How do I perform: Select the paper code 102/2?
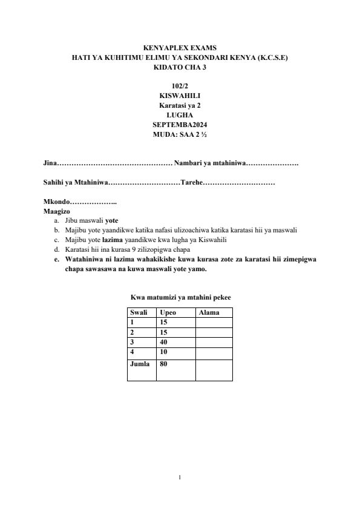[180, 86]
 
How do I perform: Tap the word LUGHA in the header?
[180, 115]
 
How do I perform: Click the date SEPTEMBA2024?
[180, 125]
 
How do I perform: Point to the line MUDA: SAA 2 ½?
[180, 134]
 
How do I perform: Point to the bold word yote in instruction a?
[111, 220]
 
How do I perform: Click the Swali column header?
[139, 312]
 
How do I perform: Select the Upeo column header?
[168, 312]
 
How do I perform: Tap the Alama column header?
[209, 312]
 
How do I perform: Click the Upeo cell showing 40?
[163, 342]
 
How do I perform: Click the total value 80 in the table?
[163, 364]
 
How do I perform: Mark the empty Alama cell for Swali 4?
[214, 352]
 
